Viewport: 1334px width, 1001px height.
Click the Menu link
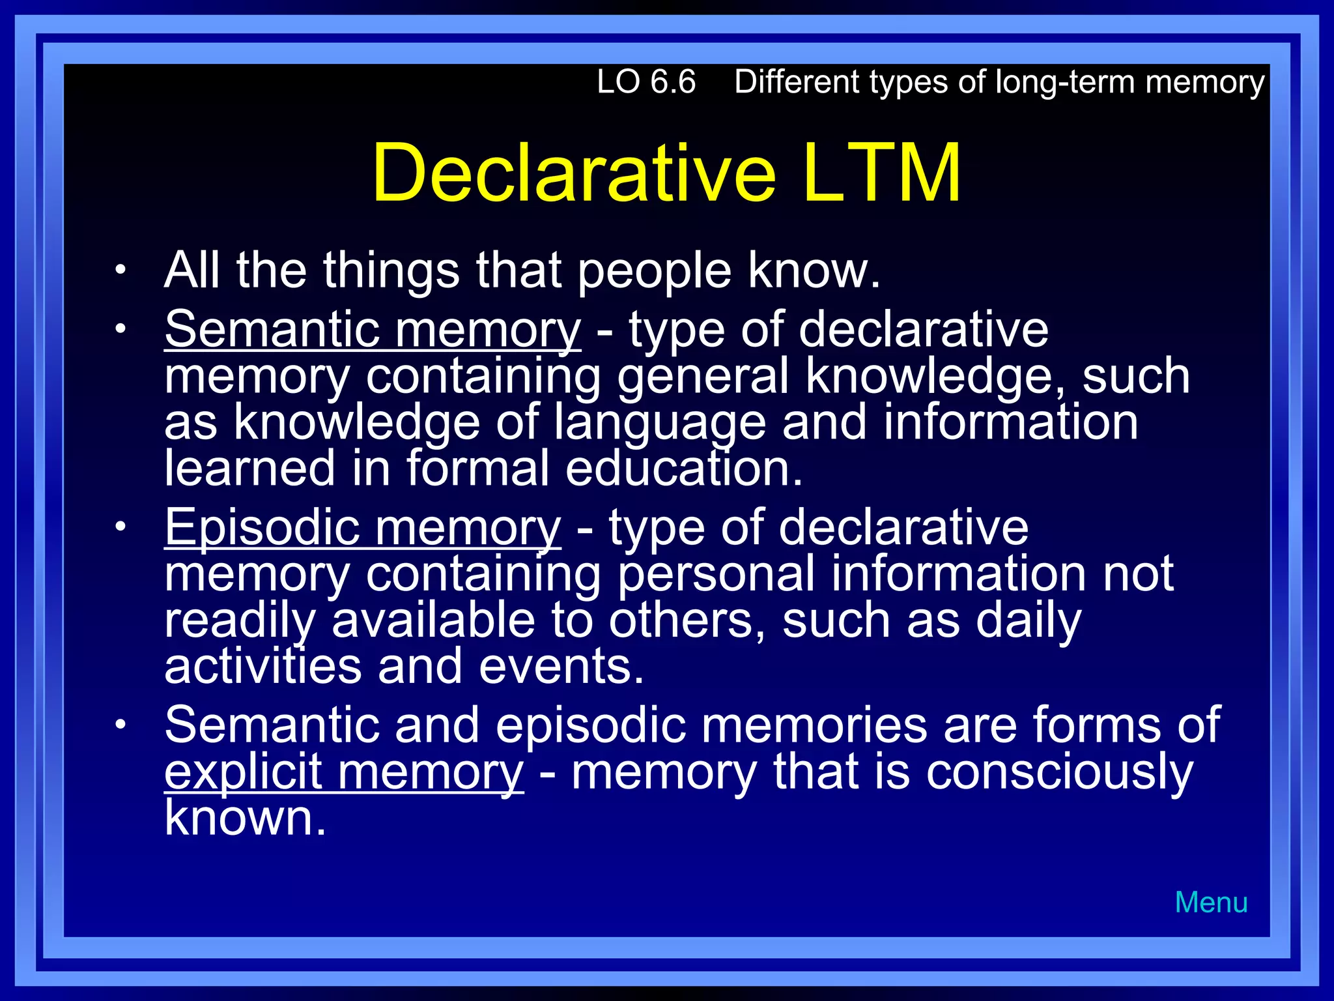pyautogui.click(x=1211, y=903)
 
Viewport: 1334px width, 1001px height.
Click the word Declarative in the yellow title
pyautogui.click(x=574, y=173)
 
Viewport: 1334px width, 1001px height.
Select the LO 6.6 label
pyautogui.click(x=646, y=82)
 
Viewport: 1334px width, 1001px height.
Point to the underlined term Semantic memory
pyautogui.click(x=372, y=329)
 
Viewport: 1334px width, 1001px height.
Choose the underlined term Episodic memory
pyautogui.click(x=362, y=527)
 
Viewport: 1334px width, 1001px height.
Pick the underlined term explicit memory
pyautogui.click(x=343, y=772)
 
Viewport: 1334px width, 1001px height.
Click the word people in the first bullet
pyautogui.click(x=654, y=270)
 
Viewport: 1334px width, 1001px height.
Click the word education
pyautogui.click(x=683, y=469)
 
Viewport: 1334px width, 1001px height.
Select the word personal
pyautogui.click(x=716, y=574)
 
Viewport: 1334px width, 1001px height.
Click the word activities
pyautogui.click(x=263, y=667)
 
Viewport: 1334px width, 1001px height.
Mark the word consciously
pyautogui.click(x=1059, y=772)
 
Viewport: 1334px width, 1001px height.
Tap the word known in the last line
pyautogui.click(x=245, y=818)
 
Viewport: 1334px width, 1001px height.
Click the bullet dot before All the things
pyautogui.click(x=119, y=270)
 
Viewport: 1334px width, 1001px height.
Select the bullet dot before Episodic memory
pyautogui.click(x=119, y=527)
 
